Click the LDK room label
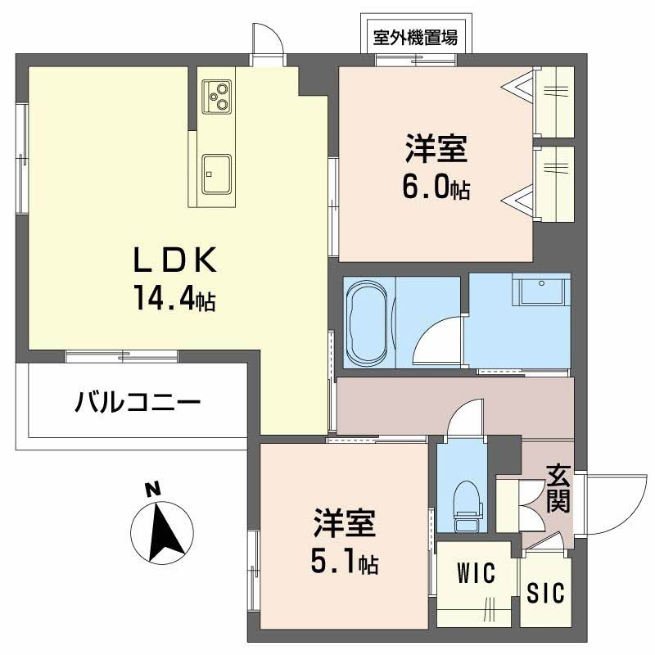(174, 261)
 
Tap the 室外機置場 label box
(415, 37)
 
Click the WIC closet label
(476, 573)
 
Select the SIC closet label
(546, 593)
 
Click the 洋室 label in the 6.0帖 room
(435, 151)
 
